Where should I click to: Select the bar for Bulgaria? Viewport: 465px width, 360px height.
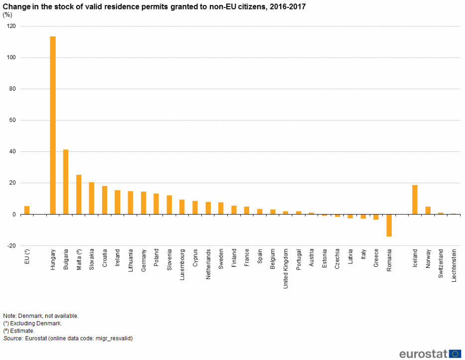click(x=66, y=182)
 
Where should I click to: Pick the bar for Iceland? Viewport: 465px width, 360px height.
click(x=415, y=200)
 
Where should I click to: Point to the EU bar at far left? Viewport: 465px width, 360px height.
click(x=27, y=210)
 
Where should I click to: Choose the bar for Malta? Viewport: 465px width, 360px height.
click(x=79, y=195)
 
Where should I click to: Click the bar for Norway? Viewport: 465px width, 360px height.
click(x=428, y=210)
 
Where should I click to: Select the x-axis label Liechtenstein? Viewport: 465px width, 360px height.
click(x=454, y=265)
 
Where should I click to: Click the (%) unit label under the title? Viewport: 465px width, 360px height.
click(x=7, y=14)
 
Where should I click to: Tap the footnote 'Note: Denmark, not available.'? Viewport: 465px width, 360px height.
click(x=41, y=316)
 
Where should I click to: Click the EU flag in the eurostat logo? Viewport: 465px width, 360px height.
click(x=455, y=354)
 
